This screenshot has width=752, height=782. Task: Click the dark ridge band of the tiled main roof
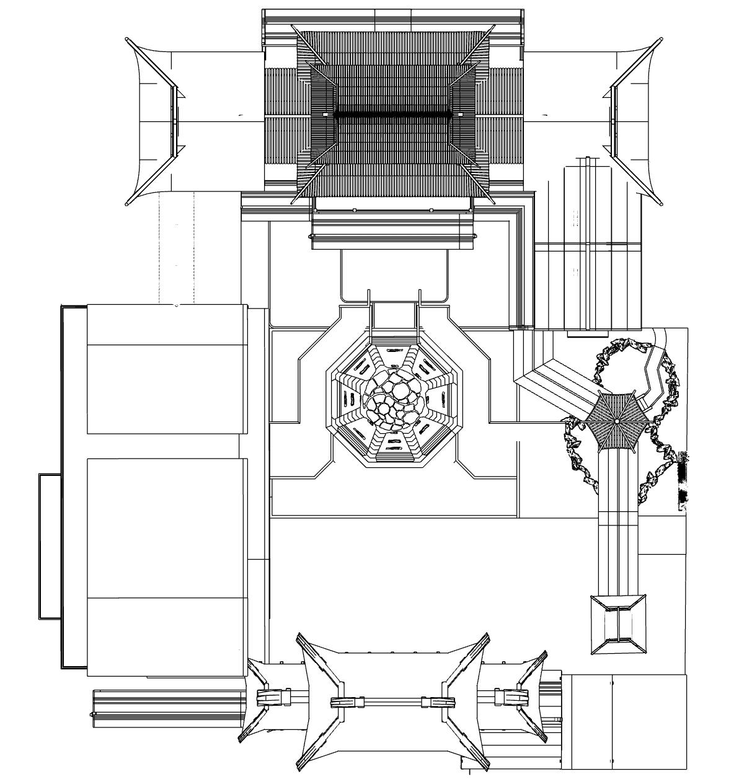pyautogui.click(x=392, y=114)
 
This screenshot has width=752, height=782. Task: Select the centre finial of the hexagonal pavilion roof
pyautogui.click(x=617, y=421)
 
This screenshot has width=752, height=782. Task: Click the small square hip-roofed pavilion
pyautogui.click(x=618, y=624)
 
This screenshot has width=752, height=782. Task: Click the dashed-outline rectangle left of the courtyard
pyautogui.click(x=176, y=248)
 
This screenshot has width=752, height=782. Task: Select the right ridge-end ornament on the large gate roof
pyautogui.click(x=438, y=701)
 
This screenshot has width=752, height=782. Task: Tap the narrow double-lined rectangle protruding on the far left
pyautogui.click(x=50, y=546)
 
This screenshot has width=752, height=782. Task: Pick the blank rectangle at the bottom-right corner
pyautogui.click(x=627, y=722)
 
